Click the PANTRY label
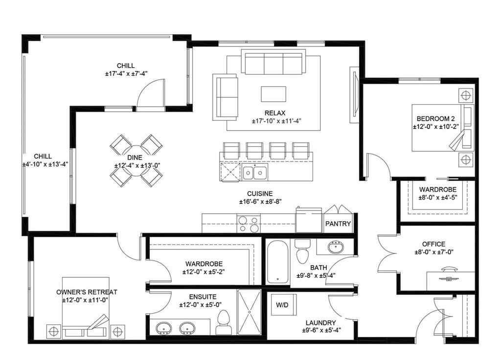click(x=338, y=224)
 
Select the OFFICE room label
click(x=433, y=244)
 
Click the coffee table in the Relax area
click(x=273, y=93)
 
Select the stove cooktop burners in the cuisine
click(x=249, y=224)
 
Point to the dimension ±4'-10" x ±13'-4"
click(x=45, y=165)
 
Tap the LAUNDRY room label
click(x=320, y=322)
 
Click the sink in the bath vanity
click(x=335, y=246)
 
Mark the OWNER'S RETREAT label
click(x=87, y=292)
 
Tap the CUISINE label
click(x=260, y=193)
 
